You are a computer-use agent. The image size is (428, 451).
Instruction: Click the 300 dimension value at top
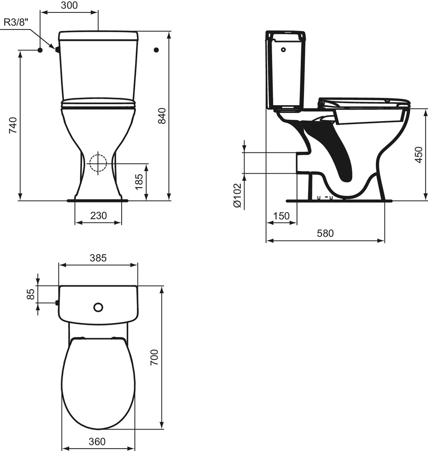[x=69, y=5]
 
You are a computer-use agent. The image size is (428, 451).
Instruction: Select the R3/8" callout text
[x=16, y=22]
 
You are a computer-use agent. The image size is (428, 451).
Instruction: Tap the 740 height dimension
[x=13, y=125]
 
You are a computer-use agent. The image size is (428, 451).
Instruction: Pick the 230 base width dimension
[x=98, y=216]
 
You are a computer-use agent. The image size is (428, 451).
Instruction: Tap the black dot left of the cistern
[x=40, y=50]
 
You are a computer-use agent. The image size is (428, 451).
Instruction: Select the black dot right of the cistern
[x=156, y=50]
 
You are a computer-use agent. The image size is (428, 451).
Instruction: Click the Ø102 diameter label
[x=237, y=195]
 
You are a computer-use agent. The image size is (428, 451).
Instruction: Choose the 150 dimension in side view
[x=281, y=216]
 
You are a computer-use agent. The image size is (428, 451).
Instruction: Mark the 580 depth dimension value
[x=325, y=234]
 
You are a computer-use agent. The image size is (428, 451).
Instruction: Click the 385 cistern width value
[x=98, y=258]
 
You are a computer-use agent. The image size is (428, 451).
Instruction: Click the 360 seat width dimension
[x=97, y=442]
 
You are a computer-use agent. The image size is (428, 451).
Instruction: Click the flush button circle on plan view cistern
[x=98, y=307]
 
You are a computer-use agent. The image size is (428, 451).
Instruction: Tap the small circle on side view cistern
[x=284, y=50]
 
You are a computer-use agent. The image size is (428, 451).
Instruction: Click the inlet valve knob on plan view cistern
[x=57, y=303]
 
